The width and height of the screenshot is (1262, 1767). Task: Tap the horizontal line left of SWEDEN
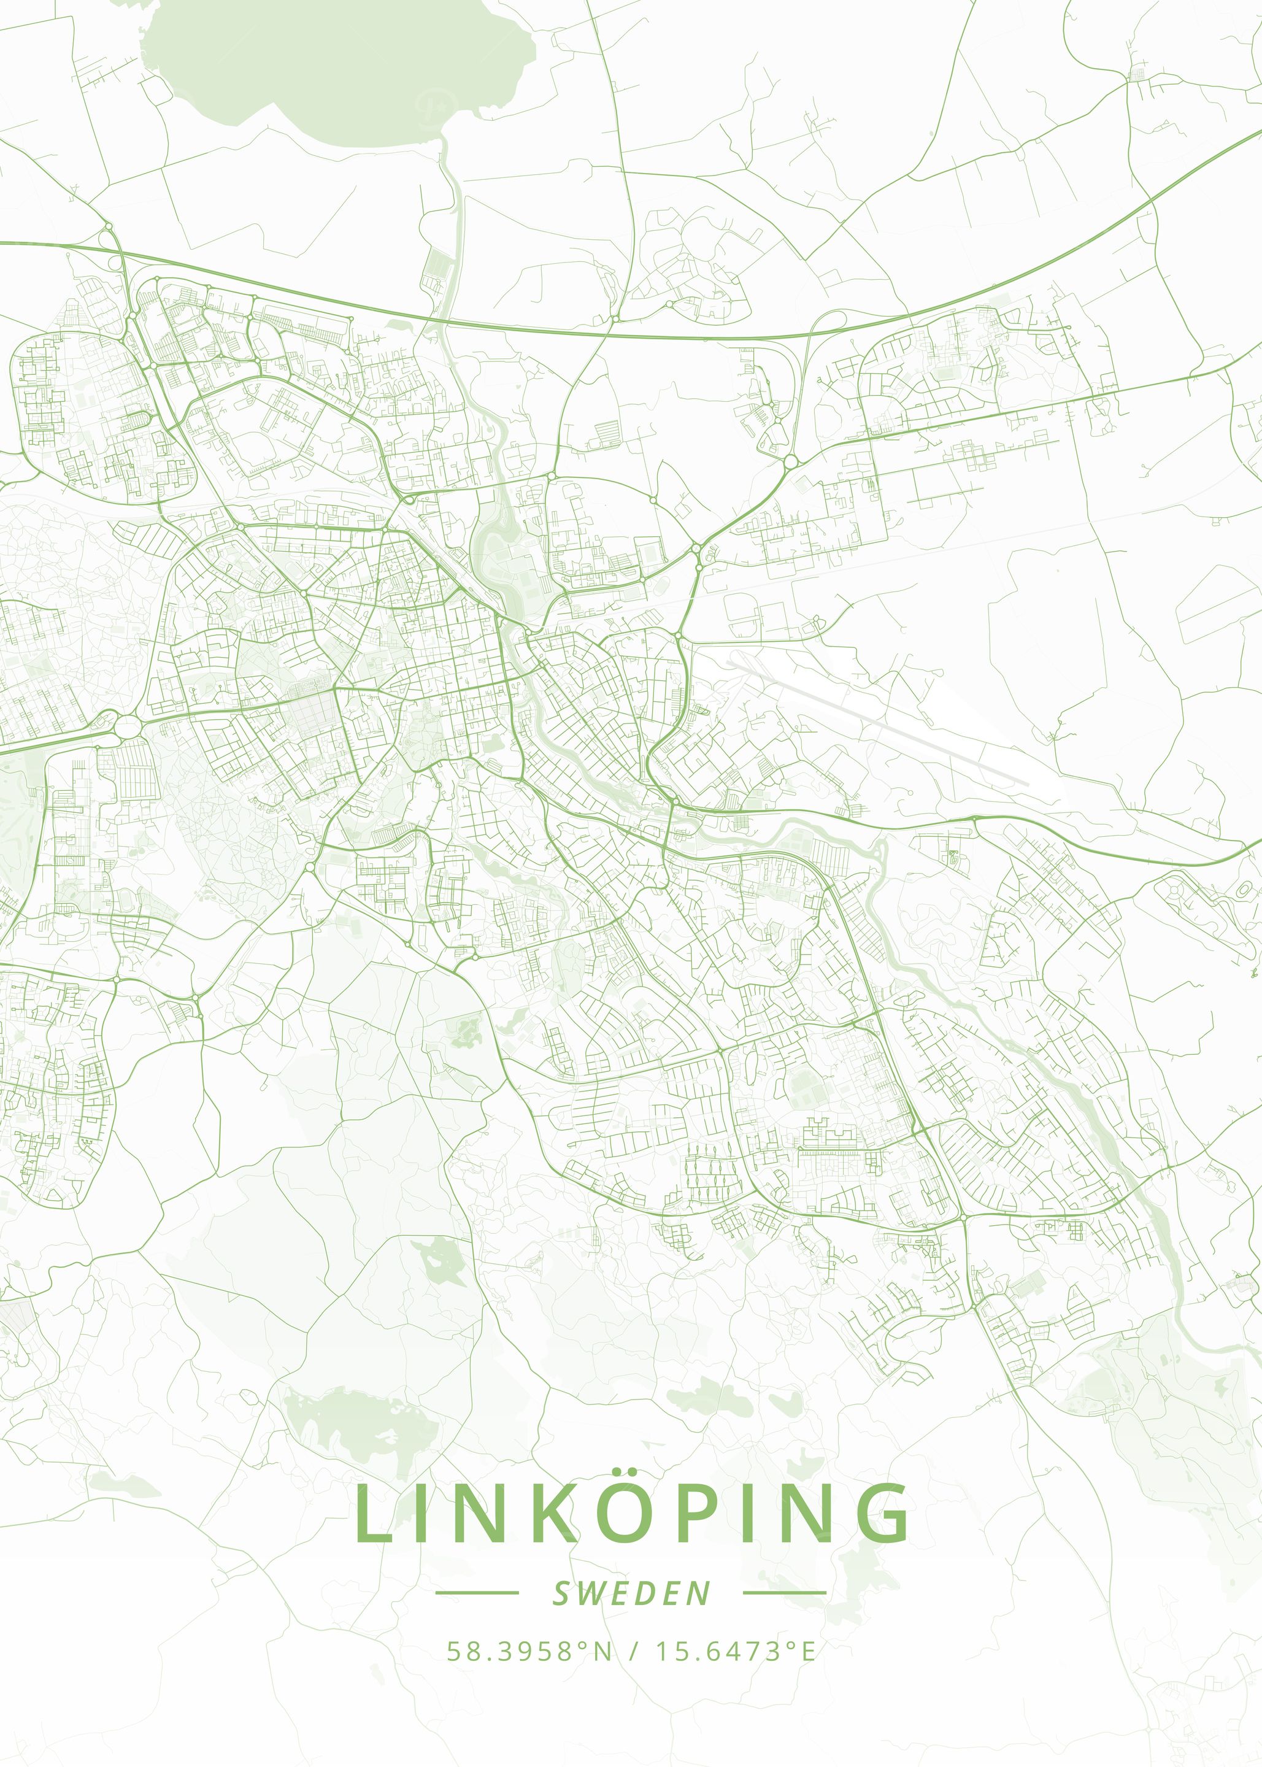tap(476, 1592)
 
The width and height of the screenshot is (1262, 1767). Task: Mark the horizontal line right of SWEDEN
tap(785, 1592)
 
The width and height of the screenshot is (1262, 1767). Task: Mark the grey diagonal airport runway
tap(878, 719)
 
